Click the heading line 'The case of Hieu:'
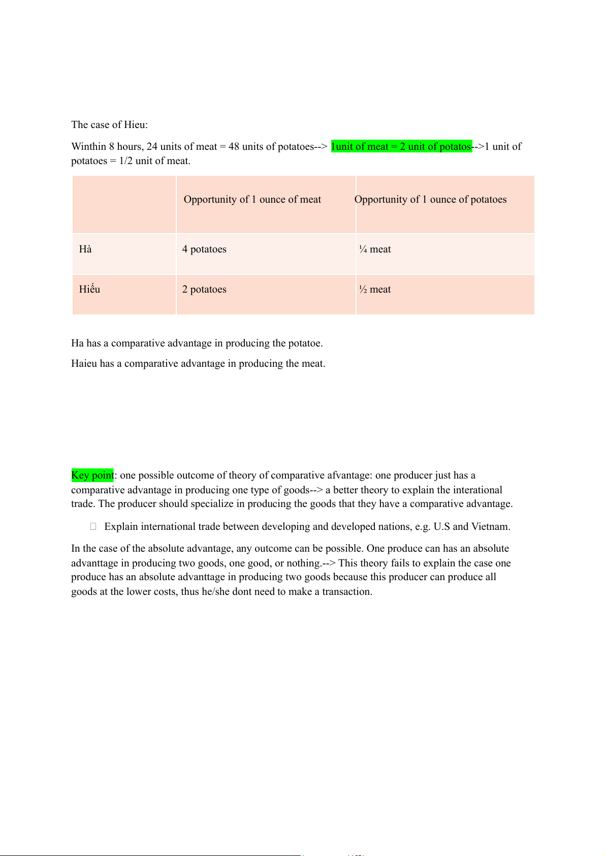click(x=109, y=125)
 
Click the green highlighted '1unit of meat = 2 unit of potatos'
click(x=401, y=147)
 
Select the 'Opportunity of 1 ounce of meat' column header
click(x=252, y=200)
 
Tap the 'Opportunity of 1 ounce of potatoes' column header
click(x=430, y=200)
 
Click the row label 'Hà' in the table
click(x=85, y=249)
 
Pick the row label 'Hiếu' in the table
click(x=89, y=290)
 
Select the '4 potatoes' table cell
click(x=204, y=249)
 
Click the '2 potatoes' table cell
click(x=204, y=290)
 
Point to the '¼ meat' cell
click(x=375, y=249)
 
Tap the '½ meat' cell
click(x=375, y=290)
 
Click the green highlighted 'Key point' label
click(x=92, y=475)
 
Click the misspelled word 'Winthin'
click(x=89, y=147)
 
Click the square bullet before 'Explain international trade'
click(x=93, y=527)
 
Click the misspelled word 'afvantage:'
click(x=348, y=475)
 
